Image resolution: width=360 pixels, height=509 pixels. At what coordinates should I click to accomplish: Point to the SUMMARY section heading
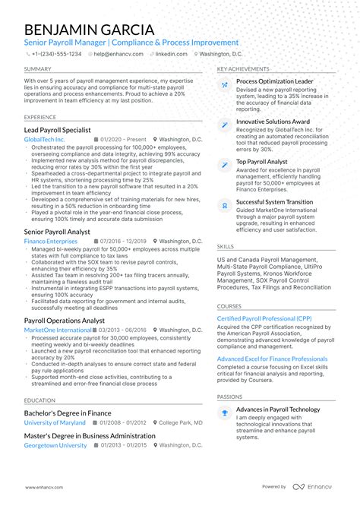38,69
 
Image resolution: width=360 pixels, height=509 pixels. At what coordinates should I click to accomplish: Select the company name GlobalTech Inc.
45,140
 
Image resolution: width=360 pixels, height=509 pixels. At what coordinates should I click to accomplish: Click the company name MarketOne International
58,330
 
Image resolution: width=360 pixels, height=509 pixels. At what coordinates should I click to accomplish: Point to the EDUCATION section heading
39,400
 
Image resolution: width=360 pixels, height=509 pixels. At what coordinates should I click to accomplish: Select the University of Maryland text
55,422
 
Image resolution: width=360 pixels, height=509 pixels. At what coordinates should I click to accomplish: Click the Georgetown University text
55,446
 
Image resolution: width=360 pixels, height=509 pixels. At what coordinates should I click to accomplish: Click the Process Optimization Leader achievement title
274,80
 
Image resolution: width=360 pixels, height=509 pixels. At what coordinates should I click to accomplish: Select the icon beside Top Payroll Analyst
224,164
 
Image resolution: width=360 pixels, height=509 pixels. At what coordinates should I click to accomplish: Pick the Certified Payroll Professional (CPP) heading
264,318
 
